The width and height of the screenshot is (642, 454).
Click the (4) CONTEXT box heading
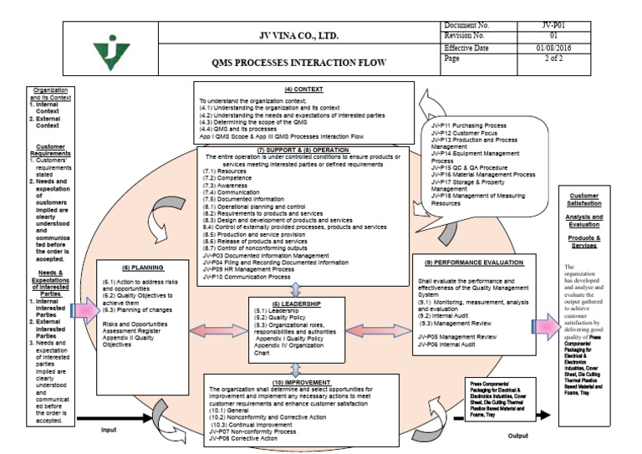point(305,88)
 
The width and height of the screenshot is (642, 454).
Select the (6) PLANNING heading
point(132,267)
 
